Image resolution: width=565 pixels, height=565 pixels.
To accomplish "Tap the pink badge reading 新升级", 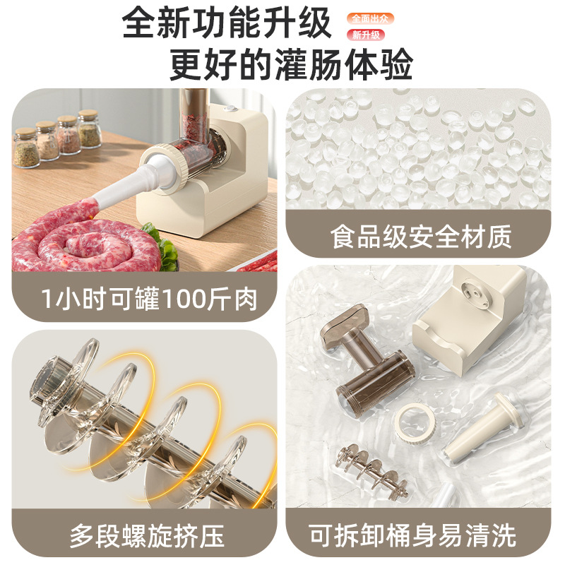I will [367, 35].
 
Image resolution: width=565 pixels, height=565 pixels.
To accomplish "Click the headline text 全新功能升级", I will [227, 24].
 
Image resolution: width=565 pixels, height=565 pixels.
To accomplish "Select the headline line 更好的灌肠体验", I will [290, 66].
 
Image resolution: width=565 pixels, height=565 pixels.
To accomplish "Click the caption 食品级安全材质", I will [420, 237].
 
